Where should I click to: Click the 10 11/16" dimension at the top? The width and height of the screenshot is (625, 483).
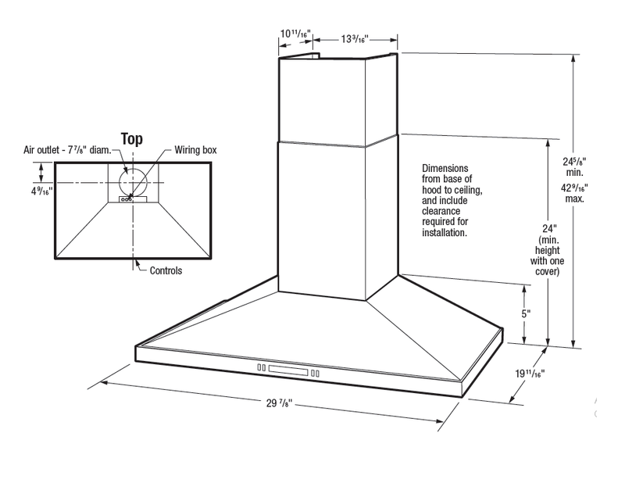coord(295,34)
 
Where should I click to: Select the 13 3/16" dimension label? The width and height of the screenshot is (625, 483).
coord(355,39)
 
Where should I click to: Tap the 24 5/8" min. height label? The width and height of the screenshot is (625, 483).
coord(574,166)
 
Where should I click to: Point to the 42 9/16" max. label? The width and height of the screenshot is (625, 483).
coord(574,192)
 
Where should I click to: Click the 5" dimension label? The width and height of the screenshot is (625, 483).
coord(526,313)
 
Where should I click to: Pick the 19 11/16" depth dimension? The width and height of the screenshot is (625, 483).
coord(530,374)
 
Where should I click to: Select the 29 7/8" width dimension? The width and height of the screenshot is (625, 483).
coord(280,402)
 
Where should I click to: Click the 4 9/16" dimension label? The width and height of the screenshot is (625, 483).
coord(41,191)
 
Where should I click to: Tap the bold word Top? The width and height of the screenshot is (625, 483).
coord(132,139)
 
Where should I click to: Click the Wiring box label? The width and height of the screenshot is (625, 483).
coord(196,150)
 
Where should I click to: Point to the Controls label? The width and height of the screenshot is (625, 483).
coord(166,270)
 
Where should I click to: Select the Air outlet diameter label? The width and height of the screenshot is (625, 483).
coord(67,150)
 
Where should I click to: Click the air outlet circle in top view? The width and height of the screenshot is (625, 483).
coord(133,169)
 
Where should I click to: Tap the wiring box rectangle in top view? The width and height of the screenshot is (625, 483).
coord(133,199)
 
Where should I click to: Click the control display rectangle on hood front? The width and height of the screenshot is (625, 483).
coord(288,370)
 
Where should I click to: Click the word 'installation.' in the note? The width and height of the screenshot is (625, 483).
coord(445,233)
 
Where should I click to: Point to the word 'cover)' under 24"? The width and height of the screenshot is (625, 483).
coord(548,272)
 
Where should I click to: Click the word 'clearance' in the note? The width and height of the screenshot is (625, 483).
coord(441,211)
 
